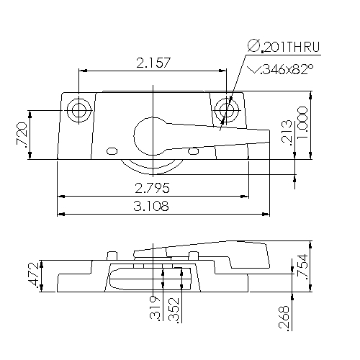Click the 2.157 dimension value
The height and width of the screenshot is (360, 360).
point(153,63)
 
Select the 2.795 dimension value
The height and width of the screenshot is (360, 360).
point(153,189)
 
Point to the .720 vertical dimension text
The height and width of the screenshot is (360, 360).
point(22,135)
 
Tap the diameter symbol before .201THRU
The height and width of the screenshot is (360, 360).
point(253,47)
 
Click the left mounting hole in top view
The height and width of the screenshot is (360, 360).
point(78,110)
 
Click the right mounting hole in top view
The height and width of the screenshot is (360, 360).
point(228,110)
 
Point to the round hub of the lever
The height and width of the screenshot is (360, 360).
point(152,134)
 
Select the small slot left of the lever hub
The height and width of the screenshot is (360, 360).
point(111,151)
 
